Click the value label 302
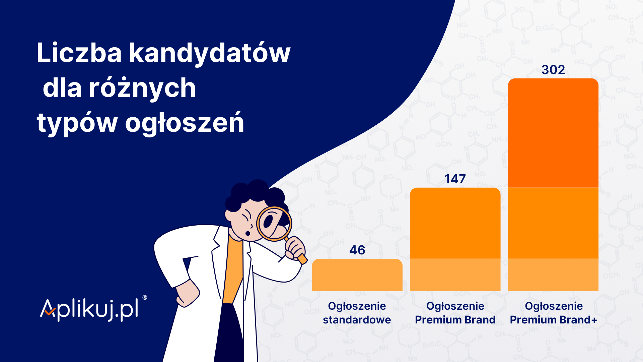tap(553, 70)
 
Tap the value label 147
tap(455, 179)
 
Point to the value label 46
tap(357, 250)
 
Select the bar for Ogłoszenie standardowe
tap(357, 275)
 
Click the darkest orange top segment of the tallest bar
tap(553, 133)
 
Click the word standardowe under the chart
tap(357, 320)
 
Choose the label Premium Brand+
tap(554, 320)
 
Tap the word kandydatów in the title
tap(210, 53)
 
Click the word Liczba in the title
tap(79, 53)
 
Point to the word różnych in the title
tap(142, 88)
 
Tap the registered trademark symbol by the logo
tap(145, 297)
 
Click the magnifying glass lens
tap(274, 224)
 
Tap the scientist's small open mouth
tap(248, 233)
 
